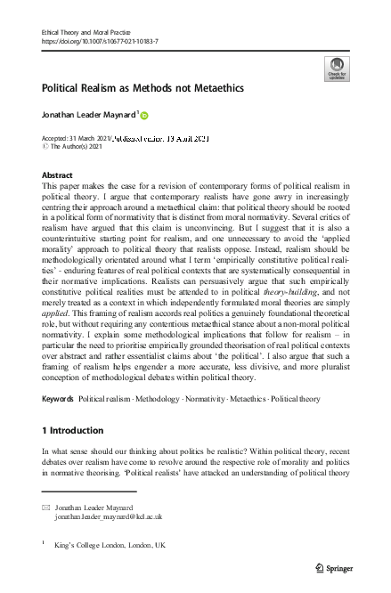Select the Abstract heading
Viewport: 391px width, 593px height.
[58, 176]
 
